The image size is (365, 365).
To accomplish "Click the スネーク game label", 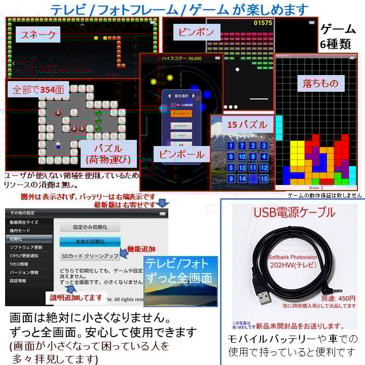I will coord(38,35).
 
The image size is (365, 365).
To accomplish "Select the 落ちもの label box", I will coord(320,83).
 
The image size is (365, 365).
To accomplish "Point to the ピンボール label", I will coord(181,155).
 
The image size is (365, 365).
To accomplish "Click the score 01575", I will coord(263,23).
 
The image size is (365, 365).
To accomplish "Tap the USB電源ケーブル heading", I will coord(294,212).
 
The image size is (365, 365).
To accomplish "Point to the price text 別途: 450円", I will coord(338,299).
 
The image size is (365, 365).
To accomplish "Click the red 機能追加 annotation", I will coord(141,249).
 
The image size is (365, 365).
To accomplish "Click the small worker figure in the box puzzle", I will coord(58,144).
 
